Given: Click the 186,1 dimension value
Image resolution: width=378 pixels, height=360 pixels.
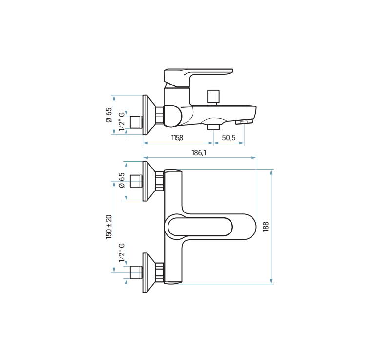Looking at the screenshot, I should tap(199, 153).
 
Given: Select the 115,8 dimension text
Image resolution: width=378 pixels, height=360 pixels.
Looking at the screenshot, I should tap(177, 138).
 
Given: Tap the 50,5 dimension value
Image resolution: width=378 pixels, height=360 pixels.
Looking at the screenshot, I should tap(229, 138).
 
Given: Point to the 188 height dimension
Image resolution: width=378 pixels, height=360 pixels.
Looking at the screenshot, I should tap(266, 226).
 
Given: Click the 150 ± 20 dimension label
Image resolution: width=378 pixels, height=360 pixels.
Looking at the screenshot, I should tap(109, 227).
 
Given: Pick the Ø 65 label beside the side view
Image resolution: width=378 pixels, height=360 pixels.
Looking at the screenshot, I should tap(109, 115).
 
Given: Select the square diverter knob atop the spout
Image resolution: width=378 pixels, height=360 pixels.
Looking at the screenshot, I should tap(213, 96).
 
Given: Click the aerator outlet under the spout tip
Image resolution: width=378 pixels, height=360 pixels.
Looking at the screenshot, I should tap(243, 122).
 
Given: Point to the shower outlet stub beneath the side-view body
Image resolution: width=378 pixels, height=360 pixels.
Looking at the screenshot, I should tap(212, 127).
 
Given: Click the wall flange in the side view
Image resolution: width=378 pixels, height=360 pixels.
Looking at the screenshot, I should tap(147, 115).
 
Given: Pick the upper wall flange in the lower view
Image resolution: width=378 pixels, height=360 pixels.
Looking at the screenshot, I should tap(147, 181).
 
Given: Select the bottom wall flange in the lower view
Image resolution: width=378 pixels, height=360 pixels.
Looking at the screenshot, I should tap(147, 272).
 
